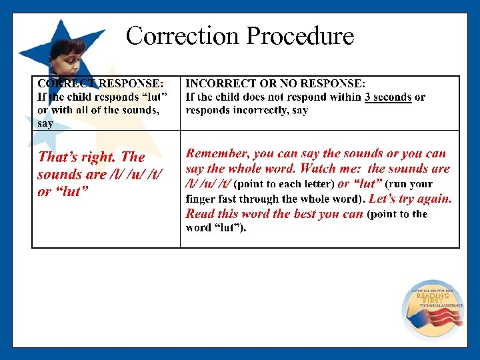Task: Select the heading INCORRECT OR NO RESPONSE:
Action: coord(275,83)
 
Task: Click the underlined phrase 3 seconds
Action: coord(388,97)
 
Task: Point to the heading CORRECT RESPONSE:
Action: coord(100,83)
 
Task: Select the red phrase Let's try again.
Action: coord(410,199)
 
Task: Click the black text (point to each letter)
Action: coord(285,184)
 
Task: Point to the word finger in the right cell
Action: coord(201,199)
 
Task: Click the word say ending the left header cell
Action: coord(45,123)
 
